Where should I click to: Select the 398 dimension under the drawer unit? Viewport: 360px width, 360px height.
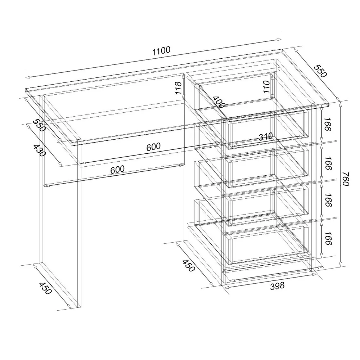(x=277, y=285)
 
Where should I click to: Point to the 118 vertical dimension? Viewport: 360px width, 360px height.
(x=179, y=88)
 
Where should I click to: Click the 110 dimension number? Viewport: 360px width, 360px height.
(x=266, y=86)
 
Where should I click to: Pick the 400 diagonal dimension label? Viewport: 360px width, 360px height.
(x=219, y=102)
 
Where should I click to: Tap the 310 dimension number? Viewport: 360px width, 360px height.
(x=266, y=137)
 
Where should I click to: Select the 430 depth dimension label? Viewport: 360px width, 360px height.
(x=39, y=150)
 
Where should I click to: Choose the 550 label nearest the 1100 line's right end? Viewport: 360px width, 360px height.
(x=320, y=71)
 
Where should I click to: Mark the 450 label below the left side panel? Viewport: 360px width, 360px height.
(x=45, y=288)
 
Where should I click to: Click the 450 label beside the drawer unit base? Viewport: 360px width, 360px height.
(x=189, y=266)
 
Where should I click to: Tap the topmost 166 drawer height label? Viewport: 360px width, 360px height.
(x=328, y=124)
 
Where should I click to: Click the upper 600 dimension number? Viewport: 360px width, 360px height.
(x=153, y=147)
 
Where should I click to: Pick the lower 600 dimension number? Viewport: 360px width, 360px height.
(x=117, y=170)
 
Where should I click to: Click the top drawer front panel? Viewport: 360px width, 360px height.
(x=266, y=129)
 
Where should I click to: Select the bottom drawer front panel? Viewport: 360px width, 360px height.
(x=266, y=245)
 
